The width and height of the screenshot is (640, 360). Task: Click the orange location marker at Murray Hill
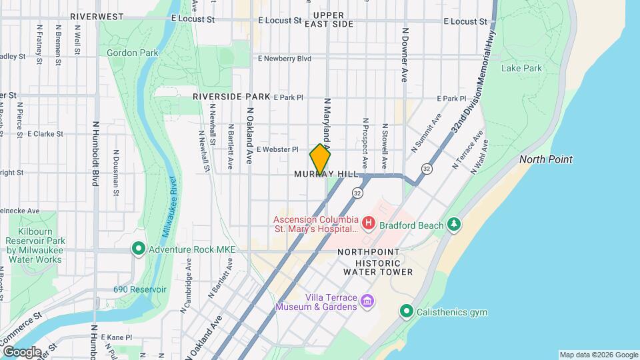pos(320,159)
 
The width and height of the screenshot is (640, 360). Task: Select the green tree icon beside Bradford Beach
pos(454,225)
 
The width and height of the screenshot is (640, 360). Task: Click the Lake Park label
pos(521,68)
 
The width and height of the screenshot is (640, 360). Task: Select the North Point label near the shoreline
pos(545,159)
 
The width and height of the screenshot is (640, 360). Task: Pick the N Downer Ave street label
pos(405,55)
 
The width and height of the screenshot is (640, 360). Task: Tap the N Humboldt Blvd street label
pos(96,153)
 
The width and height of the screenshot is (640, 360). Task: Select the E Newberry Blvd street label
pos(285,59)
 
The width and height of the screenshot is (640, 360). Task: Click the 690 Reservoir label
pos(139,289)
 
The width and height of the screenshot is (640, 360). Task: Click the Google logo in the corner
pos(22,352)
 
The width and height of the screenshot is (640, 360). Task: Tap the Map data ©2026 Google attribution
pos(598,355)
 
